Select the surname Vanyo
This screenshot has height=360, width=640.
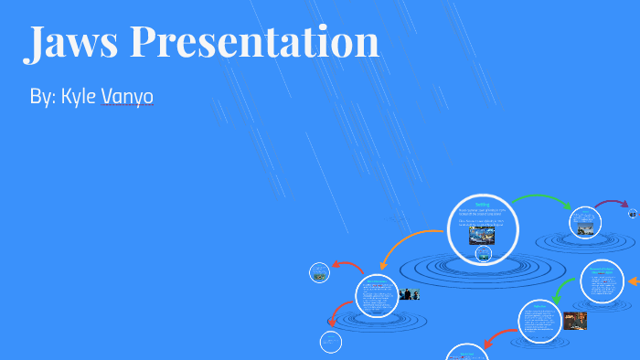[x=127, y=97]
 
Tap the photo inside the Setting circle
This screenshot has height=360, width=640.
[x=482, y=236]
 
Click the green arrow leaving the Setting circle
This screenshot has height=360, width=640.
[x=539, y=198]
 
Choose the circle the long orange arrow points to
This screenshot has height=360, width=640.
[x=376, y=295]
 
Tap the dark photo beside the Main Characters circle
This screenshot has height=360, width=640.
[x=410, y=294]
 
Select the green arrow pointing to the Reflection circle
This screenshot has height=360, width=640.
[x=562, y=288]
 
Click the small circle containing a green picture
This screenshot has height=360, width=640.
[x=319, y=271]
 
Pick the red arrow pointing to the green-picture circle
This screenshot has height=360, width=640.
[x=347, y=266]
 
